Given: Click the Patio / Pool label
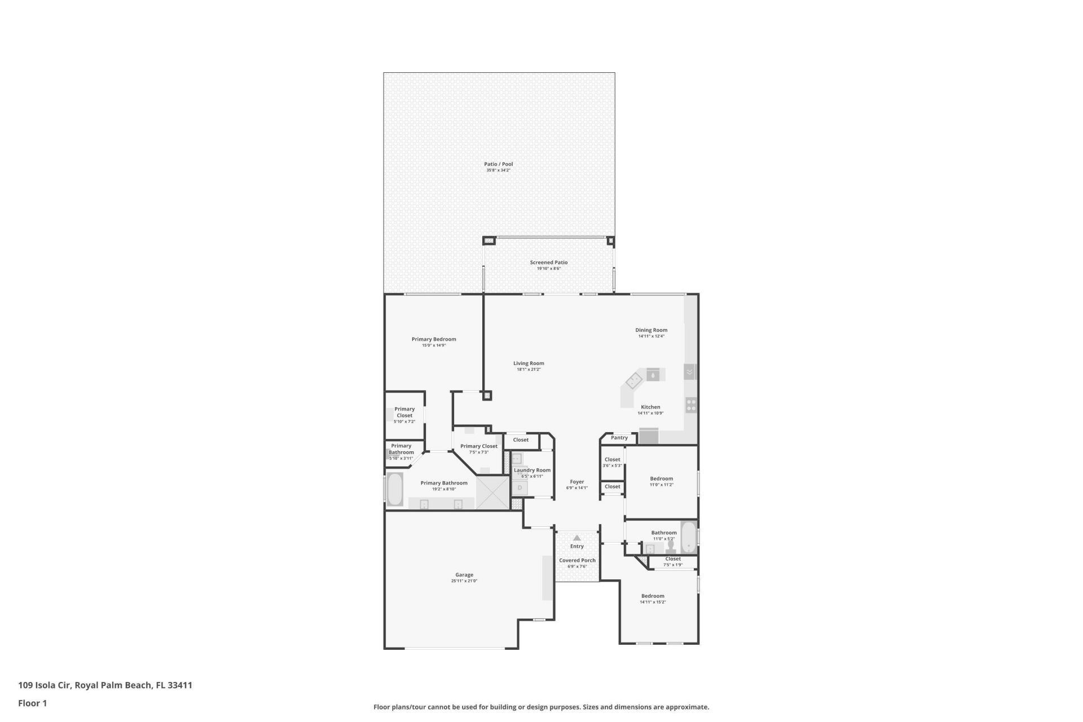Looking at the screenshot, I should click(x=498, y=164).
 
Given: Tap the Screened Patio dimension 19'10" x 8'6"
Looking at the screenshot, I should click(x=548, y=269).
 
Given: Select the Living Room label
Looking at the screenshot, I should click(x=529, y=364).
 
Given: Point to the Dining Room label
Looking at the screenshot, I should click(x=651, y=330).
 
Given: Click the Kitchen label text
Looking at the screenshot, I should click(x=650, y=407).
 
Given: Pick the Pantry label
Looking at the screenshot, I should click(x=619, y=438).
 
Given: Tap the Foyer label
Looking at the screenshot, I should click(x=576, y=482).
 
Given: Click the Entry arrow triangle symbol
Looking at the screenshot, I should click(x=576, y=538).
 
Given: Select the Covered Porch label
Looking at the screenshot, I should click(x=577, y=561).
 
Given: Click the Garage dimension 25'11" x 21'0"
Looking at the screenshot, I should click(x=464, y=581).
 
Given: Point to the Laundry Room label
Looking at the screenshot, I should click(x=532, y=470).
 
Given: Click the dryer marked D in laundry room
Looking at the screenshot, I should click(x=520, y=487).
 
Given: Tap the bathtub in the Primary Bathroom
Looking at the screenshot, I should click(x=394, y=490).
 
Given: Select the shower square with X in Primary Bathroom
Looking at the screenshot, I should click(x=493, y=492).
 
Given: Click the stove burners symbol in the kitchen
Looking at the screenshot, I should click(x=691, y=404).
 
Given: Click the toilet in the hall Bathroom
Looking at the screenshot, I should click(x=671, y=547).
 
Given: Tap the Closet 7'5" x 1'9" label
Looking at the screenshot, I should click(x=672, y=559).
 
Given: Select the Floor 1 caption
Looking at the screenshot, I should click(x=32, y=703).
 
